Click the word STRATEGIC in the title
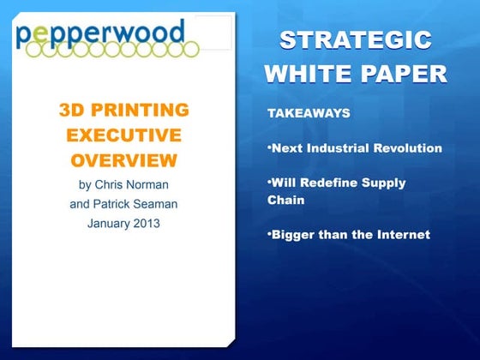point(356,40)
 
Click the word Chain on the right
point(286,200)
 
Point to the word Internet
point(402,234)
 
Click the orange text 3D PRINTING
point(124,111)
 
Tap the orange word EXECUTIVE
point(124,135)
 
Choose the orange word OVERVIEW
point(124,160)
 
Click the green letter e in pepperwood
point(44,34)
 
